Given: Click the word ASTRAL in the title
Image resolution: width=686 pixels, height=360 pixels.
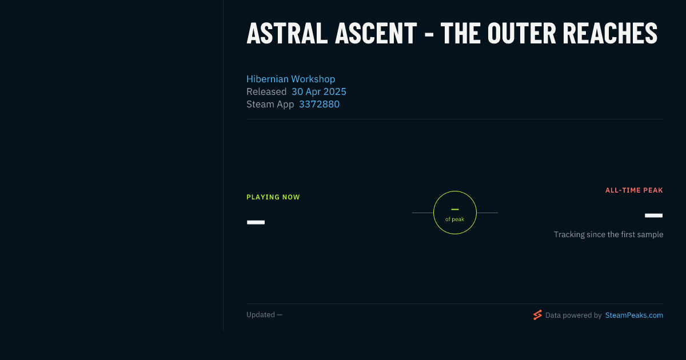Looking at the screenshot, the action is click(287, 33).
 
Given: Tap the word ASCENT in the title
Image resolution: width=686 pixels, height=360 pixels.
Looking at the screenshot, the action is click(376, 33).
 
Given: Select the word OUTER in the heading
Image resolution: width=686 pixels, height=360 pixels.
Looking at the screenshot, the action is click(521, 33).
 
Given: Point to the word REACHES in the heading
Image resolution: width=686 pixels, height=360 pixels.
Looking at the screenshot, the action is click(610, 33).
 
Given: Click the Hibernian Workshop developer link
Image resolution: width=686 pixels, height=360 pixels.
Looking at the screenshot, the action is click(290, 79).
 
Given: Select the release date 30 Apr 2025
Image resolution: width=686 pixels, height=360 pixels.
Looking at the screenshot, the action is click(319, 91).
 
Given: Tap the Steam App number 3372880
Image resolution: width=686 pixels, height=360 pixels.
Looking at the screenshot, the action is click(319, 105).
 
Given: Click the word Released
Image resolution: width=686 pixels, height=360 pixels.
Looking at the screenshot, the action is click(266, 91).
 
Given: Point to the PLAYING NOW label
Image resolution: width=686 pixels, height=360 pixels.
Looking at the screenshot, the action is click(273, 197).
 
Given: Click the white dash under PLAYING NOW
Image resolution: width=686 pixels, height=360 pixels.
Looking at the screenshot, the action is click(256, 222).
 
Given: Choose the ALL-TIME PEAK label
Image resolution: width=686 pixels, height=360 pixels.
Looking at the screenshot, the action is click(634, 190).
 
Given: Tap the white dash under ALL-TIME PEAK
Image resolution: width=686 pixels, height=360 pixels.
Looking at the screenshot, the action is click(654, 215).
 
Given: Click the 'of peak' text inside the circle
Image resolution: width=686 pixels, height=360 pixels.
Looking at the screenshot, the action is click(455, 219).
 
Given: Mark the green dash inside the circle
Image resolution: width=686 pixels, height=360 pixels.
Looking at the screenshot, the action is click(455, 209).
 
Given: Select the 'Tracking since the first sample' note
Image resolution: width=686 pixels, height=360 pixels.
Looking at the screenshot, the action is click(608, 234).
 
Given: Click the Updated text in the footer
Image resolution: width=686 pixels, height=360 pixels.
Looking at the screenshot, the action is click(261, 315).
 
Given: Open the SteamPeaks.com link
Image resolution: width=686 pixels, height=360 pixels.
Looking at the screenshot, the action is click(634, 315).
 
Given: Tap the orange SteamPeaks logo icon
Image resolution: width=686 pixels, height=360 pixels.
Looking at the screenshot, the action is click(537, 315).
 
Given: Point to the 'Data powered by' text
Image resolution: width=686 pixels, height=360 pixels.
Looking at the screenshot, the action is click(573, 315).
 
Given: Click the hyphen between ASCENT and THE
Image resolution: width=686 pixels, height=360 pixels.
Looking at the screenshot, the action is click(429, 35).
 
